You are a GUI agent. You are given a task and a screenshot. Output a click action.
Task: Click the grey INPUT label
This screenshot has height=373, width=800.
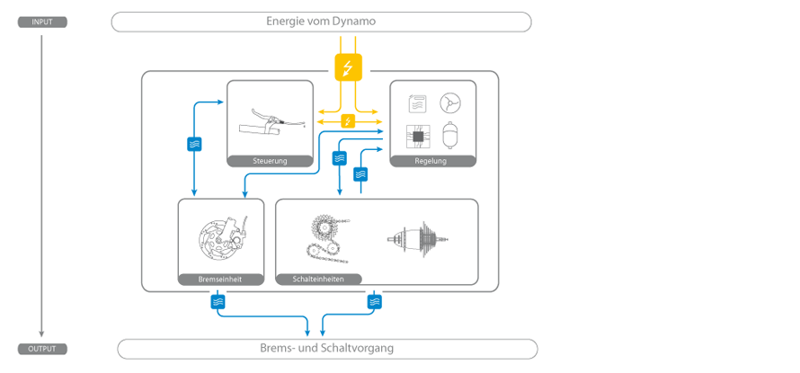(42, 22)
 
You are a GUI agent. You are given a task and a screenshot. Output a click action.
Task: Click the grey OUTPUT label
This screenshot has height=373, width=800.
(42, 349)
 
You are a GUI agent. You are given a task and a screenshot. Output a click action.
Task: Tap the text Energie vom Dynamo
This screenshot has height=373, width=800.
(321, 22)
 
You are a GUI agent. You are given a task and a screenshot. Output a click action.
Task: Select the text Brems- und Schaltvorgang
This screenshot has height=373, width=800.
(327, 349)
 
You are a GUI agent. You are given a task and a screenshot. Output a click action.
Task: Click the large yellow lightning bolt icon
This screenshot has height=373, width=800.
(348, 67)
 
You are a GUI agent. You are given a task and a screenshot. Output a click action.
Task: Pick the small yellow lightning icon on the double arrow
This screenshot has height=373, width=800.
(348, 121)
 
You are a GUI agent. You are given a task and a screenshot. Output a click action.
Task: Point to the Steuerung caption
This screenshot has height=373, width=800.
(270, 162)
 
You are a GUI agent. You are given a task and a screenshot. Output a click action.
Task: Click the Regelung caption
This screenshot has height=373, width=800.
(431, 162)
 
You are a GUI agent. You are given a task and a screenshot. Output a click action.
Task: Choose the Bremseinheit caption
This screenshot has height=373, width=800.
(220, 280)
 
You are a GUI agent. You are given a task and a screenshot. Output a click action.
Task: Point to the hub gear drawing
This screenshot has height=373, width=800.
(418, 238)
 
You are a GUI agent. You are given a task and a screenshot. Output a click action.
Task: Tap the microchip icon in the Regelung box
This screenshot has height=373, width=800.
(417, 136)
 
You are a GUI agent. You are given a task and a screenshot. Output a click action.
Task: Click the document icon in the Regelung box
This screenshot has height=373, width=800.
(417, 103)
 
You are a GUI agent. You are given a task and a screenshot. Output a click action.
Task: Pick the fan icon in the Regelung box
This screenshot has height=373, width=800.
(449, 103)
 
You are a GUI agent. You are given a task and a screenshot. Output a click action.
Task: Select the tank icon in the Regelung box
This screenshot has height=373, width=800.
(449, 136)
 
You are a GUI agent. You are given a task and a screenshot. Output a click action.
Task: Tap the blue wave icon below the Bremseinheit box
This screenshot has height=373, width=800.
(218, 303)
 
